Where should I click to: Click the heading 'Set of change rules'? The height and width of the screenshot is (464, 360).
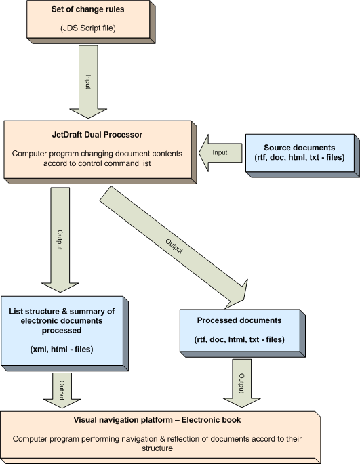coord(87,9)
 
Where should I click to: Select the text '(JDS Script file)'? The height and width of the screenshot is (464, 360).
coord(88,28)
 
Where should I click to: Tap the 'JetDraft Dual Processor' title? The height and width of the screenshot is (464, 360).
coord(97,135)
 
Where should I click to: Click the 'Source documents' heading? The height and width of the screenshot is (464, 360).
coord(299,148)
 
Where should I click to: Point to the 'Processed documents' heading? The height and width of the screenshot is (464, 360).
coord(239,320)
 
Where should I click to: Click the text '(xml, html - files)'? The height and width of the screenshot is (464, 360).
coord(62,349)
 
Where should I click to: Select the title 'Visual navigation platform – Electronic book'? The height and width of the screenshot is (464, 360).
coord(157,419)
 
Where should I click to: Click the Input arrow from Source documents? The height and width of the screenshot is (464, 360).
coord(220,152)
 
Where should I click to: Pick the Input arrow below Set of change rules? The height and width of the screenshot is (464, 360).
coord(88,82)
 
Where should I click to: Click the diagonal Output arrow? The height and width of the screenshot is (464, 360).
coord(174,247)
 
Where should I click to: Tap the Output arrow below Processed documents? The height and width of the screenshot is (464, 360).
coord(241,383)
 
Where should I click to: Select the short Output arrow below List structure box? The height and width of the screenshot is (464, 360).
coord(62,390)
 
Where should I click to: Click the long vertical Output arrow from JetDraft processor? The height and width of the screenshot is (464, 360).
coord(60,240)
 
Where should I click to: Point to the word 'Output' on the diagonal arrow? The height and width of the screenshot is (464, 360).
coord(174,247)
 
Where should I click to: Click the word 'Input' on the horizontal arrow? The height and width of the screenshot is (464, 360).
coord(220,152)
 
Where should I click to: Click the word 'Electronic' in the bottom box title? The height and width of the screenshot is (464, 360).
coord(201,419)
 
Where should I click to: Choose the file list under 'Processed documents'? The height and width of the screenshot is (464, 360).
coord(239,339)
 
